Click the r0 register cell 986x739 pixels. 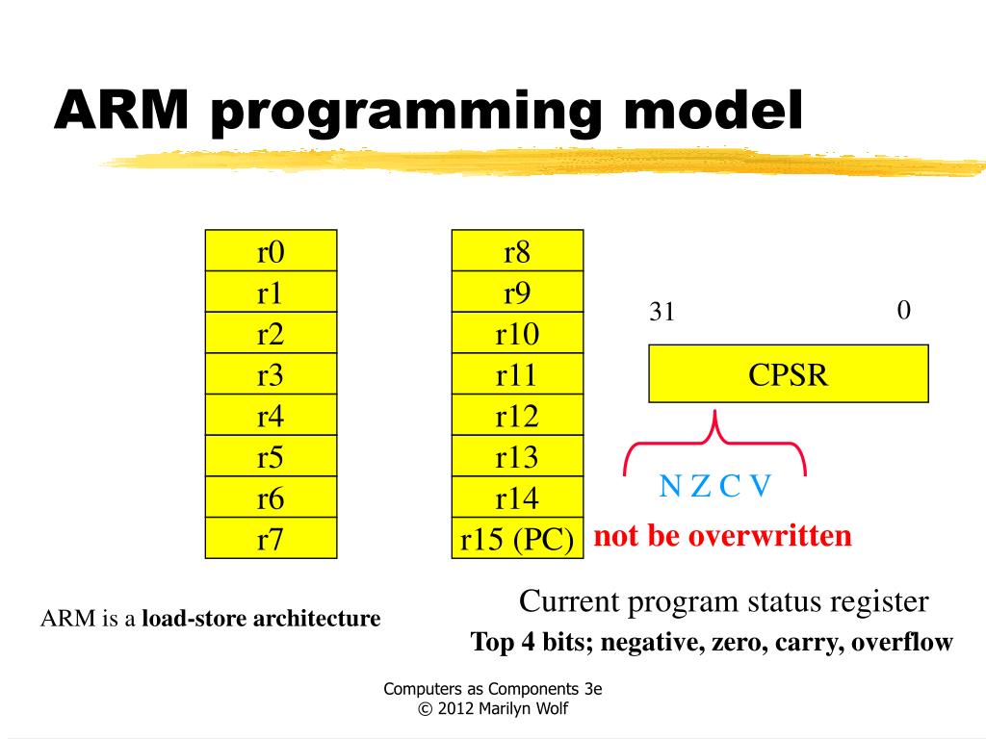click(x=271, y=251)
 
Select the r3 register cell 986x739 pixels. click(x=271, y=374)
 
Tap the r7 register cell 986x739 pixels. click(x=271, y=539)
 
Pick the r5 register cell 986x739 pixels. click(x=271, y=456)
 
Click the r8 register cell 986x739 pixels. click(x=517, y=251)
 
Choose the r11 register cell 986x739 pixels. click(x=517, y=374)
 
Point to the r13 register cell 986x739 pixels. click(x=517, y=456)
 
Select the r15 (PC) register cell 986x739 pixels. click(x=517, y=539)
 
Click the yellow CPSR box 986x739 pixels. click(x=788, y=373)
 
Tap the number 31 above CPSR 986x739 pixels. click(x=662, y=313)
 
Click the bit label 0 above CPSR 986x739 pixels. click(x=903, y=310)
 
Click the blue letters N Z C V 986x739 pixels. click(x=714, y=487)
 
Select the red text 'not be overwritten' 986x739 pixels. click(x=722, y=535)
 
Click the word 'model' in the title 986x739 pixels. click(x=712, y=112)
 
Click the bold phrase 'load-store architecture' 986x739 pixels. click(x=261, y=618)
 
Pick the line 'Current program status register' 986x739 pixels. click(x=723, y=601)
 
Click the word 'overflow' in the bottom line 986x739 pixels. click(x=902, y=642)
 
